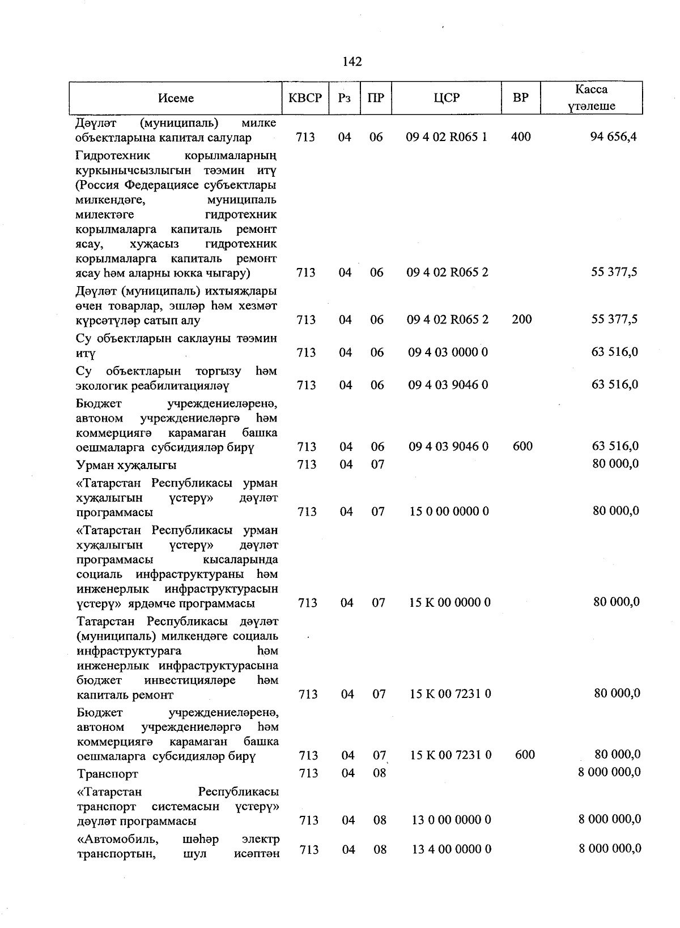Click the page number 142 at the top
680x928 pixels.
tap(352, 62)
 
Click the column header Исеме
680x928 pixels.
tap(176, 98)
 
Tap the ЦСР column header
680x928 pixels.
tap(447, 98)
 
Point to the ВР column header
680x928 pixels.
tap(520, 98)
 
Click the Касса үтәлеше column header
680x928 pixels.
tap(591, 98)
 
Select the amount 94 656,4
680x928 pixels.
tap(613, 137)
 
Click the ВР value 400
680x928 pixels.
tap(520, 137)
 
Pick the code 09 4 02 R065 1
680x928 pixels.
tap(447, 137)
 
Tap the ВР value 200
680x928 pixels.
tap(521, 320)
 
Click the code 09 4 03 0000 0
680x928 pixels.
tap(448, 352)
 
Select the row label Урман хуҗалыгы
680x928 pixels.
tap(126, 465)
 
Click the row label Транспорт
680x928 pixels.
tap(107, 773)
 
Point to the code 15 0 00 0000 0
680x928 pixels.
tap(449, 512)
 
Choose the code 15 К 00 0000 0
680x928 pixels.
tap(449, 602)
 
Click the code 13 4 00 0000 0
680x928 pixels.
tap(450, 849)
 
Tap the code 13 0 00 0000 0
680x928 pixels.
tap(450, 820)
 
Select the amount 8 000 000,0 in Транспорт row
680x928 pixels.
tap(609, 772)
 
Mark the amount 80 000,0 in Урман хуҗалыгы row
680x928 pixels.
tap(615, 464)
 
